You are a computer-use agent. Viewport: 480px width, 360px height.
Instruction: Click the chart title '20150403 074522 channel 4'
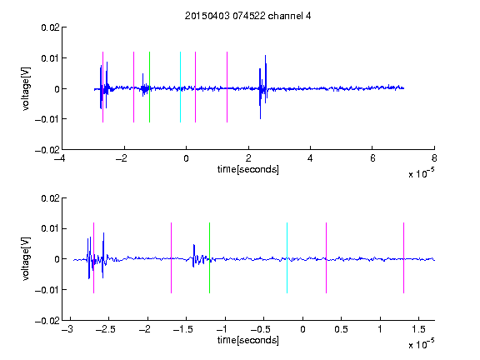247,16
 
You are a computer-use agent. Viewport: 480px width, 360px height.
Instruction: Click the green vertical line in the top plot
149,87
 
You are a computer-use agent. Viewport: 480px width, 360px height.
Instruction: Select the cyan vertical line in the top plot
180,87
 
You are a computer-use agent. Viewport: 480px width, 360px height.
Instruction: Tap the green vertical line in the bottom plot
209,257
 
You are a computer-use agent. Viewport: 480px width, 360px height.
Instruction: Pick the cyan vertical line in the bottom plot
287,257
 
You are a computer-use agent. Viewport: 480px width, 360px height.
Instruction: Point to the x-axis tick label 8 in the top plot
434,158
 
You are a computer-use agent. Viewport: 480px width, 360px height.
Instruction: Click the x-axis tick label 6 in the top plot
372,158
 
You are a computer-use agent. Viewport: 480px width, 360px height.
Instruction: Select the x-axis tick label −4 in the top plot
60,158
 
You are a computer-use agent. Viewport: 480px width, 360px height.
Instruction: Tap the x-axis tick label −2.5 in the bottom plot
105,329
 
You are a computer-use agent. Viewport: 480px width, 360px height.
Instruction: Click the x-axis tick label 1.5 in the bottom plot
418,329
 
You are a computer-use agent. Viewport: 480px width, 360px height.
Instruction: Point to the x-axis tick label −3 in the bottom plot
67,329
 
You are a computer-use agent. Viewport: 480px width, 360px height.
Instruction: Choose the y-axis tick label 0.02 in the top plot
50,27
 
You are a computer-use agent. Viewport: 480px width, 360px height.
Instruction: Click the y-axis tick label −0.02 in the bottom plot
47,321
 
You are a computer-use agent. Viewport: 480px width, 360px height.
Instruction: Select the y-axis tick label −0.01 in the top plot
47,119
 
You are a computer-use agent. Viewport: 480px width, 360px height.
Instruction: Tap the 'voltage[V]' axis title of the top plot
27,88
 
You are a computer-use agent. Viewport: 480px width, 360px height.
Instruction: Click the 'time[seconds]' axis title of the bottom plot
248,340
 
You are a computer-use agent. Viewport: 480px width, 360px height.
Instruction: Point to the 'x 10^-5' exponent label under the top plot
421,173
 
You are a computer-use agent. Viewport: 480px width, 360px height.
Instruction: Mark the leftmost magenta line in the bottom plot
93,257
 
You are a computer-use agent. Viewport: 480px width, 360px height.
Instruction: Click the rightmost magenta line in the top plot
227,87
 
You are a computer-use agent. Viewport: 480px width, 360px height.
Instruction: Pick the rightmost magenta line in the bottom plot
403,257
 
